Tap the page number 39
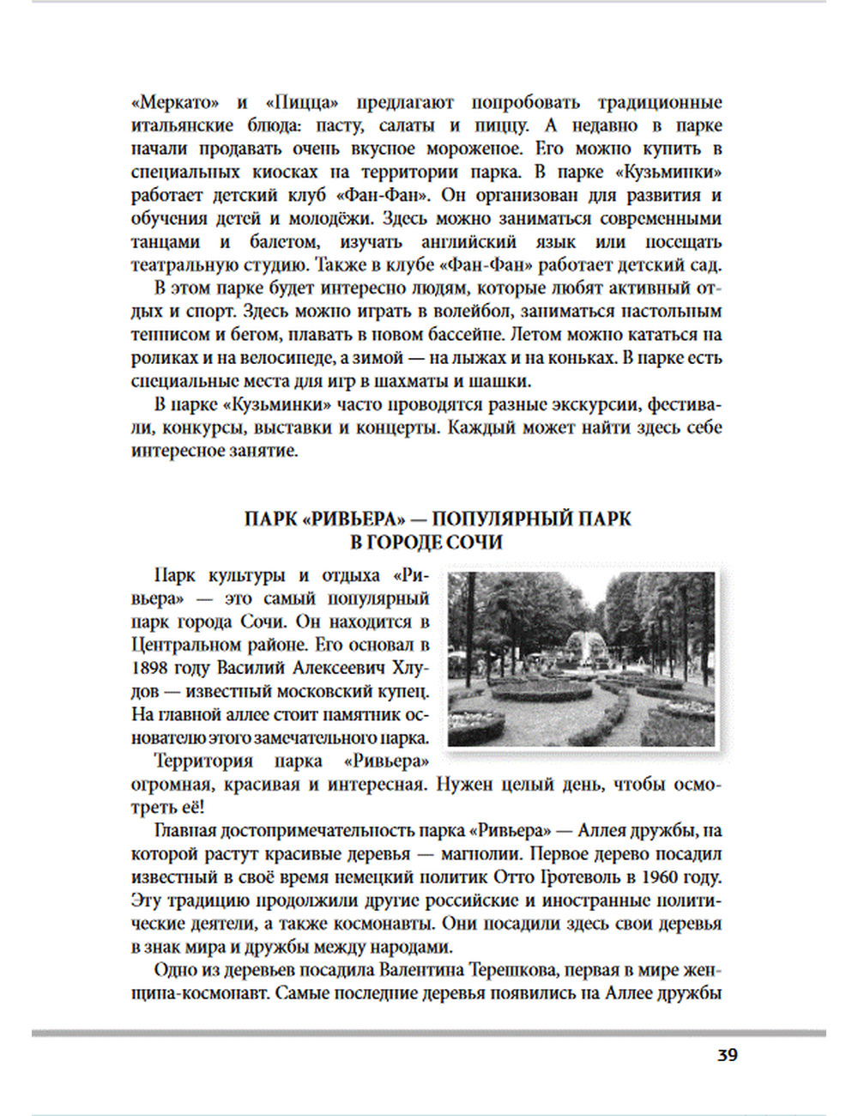[x=727, y=1055]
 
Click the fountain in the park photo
[x=582, y=646]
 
